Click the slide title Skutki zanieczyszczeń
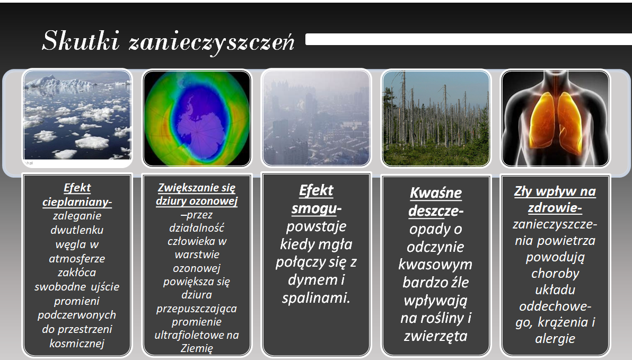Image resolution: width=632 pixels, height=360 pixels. (168, 41)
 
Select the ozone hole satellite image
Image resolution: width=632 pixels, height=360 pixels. (197, 118)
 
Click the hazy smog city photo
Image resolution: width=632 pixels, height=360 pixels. (316, 118)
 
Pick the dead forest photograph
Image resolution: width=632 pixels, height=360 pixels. (436, 118)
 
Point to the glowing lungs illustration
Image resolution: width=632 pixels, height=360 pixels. (556, 118)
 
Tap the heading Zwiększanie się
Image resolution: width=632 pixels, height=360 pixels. (196, 188)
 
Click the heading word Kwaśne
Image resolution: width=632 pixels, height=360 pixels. (436, 192)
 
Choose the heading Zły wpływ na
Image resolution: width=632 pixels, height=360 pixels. (555, 191)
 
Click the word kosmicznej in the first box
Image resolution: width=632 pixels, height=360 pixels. (77, 344)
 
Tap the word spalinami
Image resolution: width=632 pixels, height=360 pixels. (316, 298)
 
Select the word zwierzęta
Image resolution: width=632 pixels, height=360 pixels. (436, 336)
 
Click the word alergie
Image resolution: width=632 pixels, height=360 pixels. (555, 339)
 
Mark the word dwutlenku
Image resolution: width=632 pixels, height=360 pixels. (77, 230)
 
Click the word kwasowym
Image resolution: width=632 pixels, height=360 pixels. (435, 265)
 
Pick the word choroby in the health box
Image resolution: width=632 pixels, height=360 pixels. (555, 274)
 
